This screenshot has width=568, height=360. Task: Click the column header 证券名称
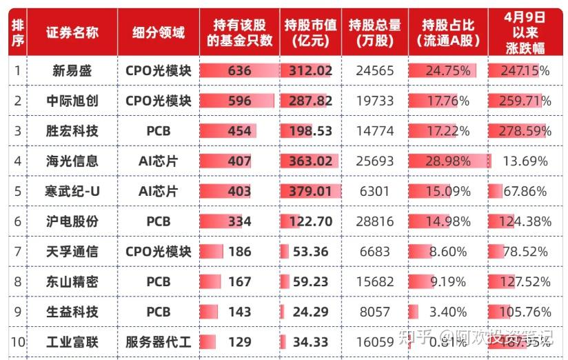72,32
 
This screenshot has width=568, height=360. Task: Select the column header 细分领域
159,32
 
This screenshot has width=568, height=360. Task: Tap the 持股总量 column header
374,32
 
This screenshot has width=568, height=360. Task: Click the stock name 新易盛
72,70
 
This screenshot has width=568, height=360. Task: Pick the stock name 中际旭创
72,101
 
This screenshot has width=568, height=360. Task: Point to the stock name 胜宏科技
72,131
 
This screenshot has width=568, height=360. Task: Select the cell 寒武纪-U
72,191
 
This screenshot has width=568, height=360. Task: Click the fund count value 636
239,70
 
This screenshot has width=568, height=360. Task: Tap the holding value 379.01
310,191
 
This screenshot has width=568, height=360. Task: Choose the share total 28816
375,221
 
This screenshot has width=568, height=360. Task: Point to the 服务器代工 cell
159,342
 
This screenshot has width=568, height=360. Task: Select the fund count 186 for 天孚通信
239,252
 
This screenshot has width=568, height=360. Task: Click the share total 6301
375,191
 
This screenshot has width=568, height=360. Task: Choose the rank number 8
17,281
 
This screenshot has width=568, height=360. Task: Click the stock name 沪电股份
72,221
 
